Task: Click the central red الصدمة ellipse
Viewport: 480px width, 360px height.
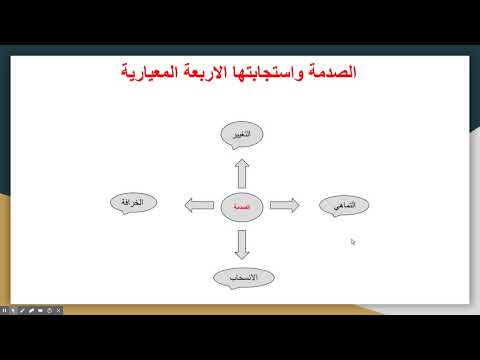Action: [x=240, y=205]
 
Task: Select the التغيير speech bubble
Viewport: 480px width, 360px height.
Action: [x=241, y=134]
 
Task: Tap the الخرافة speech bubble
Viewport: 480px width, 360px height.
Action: [x=134, y=203]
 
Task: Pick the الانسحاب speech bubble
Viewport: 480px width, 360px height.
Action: [x=240, y=276]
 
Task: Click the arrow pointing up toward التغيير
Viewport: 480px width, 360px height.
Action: [x=240, y=170]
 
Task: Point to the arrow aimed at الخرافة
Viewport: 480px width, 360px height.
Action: [x=199, y=205]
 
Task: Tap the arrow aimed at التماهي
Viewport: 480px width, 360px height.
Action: [x=283, y=205]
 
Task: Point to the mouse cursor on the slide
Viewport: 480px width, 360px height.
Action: [x=353, y=241]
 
